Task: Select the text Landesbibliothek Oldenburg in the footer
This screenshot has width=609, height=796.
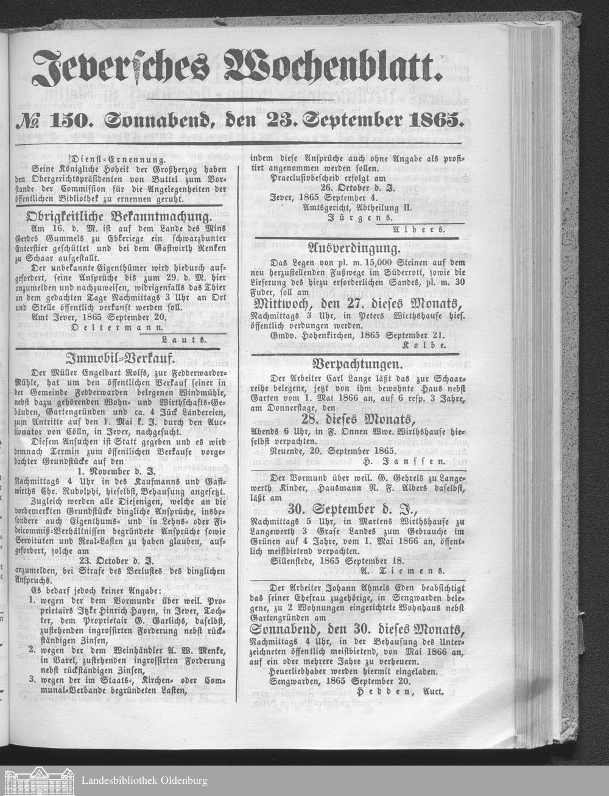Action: [144, 780]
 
